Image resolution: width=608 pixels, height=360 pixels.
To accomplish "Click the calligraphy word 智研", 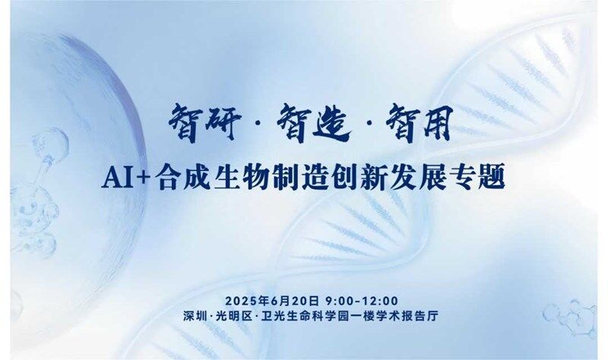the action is click(x=204, y=123).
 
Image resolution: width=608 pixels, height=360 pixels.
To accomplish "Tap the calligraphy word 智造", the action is click(x=313, y=123).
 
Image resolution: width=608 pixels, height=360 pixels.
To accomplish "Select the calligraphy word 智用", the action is click(x=420, y=123).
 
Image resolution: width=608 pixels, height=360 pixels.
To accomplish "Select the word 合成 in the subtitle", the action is click(x=182, y=178).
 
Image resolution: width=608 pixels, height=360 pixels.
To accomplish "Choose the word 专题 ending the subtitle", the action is click(x=477, y=178).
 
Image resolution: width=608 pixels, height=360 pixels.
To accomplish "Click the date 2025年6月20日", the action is click(x=272, y=301).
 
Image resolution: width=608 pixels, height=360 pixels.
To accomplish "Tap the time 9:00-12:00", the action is click(x=363, y=301).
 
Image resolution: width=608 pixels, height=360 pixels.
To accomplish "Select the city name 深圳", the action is click(x=195, y=316).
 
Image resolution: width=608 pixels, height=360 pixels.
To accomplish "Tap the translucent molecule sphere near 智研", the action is click(x=51, y=143).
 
